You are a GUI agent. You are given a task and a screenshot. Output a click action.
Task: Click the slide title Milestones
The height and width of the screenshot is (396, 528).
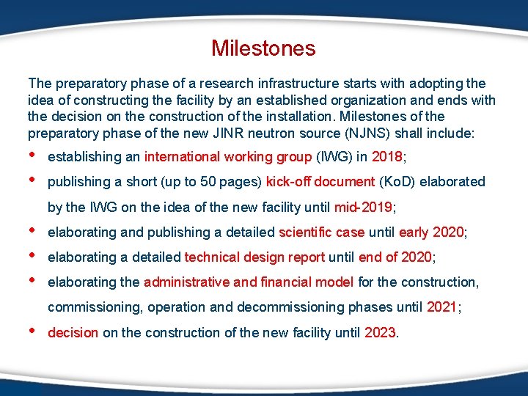(263, 48)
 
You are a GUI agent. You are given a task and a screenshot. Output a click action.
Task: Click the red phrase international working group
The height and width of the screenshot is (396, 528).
(228, 156)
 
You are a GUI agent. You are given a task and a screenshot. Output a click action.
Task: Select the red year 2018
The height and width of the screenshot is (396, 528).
(386, 156)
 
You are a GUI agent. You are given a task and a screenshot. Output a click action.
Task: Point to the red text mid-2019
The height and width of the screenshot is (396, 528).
(364, 208)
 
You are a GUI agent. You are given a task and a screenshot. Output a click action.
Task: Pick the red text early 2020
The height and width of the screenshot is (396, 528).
(432, 232)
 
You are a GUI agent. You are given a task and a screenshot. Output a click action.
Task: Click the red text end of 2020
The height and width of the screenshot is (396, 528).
(401, 257)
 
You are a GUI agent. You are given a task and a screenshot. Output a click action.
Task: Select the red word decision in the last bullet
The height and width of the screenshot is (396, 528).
(73, 333)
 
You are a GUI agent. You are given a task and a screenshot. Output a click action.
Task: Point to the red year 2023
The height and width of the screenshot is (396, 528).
(380, 333)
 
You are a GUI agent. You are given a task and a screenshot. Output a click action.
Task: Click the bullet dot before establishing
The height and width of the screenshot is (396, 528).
(32, 155)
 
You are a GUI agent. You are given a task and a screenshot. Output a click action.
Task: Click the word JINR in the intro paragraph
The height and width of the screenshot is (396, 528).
(221, 133)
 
